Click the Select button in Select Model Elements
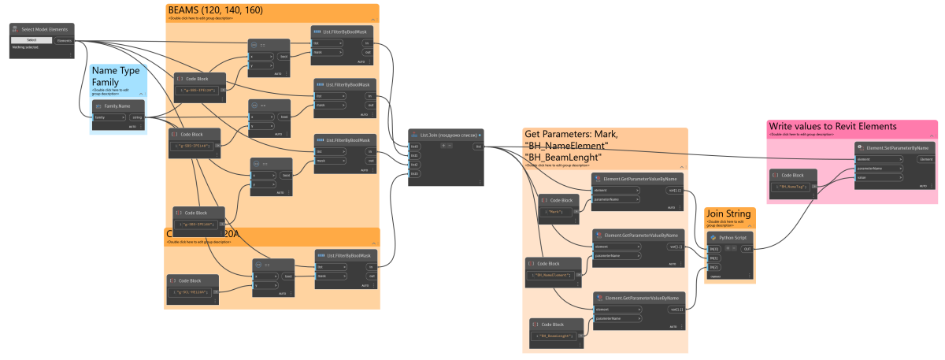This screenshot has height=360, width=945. (x=32, y=40)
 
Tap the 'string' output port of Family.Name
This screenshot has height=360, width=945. (x=136, y=117)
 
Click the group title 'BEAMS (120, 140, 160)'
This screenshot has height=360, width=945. (x=215, y=9)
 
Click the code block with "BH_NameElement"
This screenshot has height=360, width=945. (x=553, y=274)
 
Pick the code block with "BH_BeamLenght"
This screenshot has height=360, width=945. (x=557, y=336)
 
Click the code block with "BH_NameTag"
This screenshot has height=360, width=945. (x=794, y=186)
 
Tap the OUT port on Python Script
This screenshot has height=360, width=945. (x=746, y=249)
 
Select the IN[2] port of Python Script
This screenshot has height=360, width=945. (x=714, y=267)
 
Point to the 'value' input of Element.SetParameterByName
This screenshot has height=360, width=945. (x=865, y=178)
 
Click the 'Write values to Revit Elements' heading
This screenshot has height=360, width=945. (x=832, y=126)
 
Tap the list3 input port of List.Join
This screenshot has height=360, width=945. (x=415, y=173)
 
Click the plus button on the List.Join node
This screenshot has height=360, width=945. (x=443, y=147)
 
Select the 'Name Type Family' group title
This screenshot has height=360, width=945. (x=116, y=76)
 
